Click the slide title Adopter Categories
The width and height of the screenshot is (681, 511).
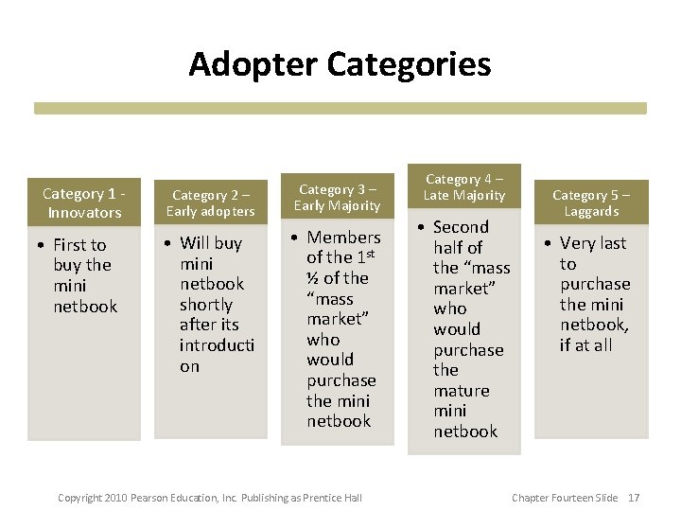[x=340, y=64]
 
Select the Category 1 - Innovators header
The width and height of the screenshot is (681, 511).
[x=84, y=203]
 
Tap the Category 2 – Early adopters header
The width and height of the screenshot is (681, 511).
[x=211, y=203]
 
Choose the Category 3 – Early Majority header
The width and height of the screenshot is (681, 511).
[x=337, y=197]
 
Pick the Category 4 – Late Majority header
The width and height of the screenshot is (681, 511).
[x=464, y=186]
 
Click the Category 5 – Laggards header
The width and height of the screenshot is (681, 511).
[x=591, y=203]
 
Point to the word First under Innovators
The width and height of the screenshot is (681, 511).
[x=79, y=245]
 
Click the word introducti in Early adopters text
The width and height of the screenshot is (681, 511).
[x=217, y=345]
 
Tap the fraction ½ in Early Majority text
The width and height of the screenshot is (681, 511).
[x=312, y=278]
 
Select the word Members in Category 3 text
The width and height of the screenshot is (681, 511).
[x=343, y=238]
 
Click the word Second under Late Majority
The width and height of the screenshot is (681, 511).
[x=461, y=227]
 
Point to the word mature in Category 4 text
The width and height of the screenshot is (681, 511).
[x=462, y=390]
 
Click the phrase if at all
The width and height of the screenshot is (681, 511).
[x=585, y=345]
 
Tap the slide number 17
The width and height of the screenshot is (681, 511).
[x=634, y=498]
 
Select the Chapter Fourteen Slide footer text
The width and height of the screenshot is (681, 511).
[x=564, y=498]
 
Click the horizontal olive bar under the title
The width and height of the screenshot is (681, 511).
[x=340, y=108]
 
